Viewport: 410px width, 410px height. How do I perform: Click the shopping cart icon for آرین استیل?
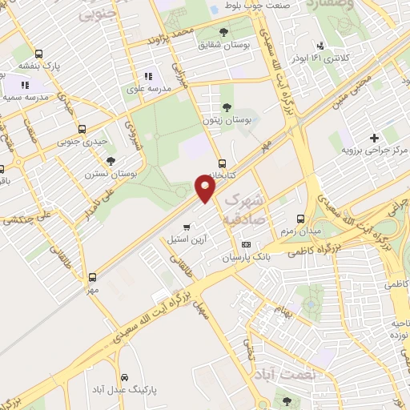(x=187, y=227)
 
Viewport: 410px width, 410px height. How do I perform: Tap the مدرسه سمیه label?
(x=24, y=97)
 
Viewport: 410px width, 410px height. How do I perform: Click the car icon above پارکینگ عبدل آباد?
(x=124, y=376)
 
